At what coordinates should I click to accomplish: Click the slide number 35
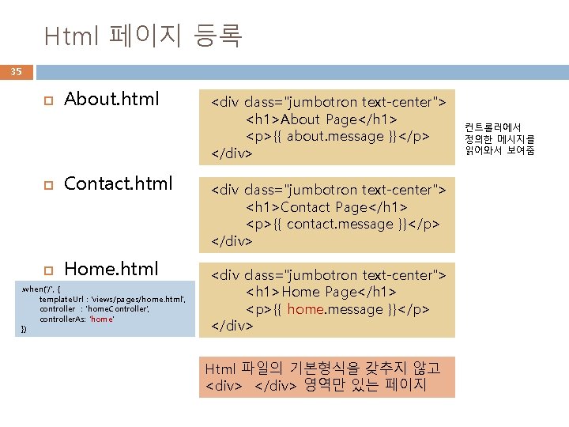[x=16, y=72]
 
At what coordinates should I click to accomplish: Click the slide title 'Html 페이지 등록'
[x=143, y=36]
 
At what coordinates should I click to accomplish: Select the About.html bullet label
[x=111, y=99]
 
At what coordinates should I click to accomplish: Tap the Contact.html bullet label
[x=118, y=183]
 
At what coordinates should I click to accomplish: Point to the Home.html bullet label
[x=111, y=269]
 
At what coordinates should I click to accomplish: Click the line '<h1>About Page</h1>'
[x=322, y=119]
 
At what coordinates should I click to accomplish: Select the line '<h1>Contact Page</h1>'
[x=326, y=206]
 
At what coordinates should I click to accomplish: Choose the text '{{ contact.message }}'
[x=337, y=224]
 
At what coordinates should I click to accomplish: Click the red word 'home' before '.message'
[x=305, y=309]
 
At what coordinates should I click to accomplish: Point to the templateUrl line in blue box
[x=112, y=300]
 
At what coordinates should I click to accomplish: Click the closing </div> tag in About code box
[x=232, y=153]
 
